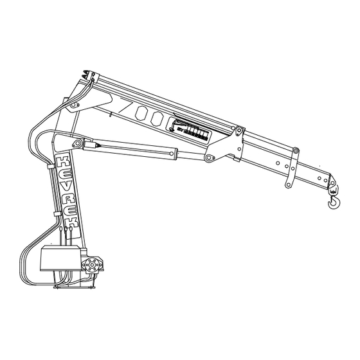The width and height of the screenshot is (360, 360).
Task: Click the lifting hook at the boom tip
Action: [x=335, y=204]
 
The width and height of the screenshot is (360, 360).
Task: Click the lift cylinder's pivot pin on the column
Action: [x=77, y=143]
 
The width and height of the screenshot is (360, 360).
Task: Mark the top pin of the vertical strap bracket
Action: [x=295, y=152]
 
